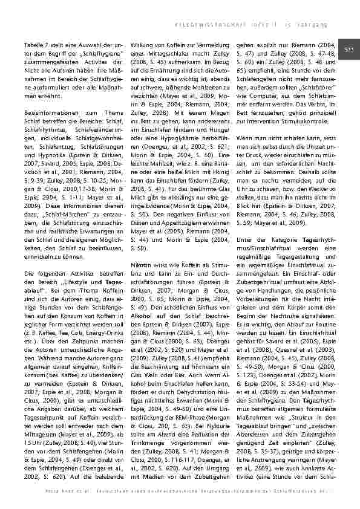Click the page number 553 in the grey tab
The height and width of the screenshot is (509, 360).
350,49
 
